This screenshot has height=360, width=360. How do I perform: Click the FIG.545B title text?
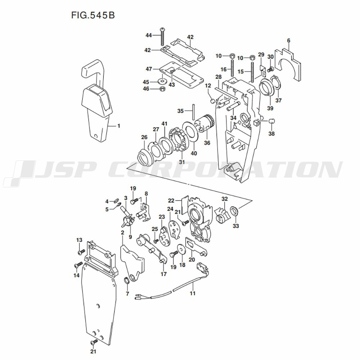pyautogui.click(x=93, y=15)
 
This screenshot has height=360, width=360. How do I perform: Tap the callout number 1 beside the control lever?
pyautogui.click(x=119, y=126)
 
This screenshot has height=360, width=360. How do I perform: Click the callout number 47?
pyautogui.click(x=149, y=69)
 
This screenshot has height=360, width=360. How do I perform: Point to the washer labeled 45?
pyautogui.click(x=162, y=81)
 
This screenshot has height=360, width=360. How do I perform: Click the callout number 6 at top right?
pyautogui.click(x=289, y=40)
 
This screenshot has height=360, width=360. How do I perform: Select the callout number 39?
pyautogui.click(x=270, y=108)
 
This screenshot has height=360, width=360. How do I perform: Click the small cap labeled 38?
pyautogui.click(x=271, y=121)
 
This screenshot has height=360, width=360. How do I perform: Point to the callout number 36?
pyautogui.click(x=207, y=143)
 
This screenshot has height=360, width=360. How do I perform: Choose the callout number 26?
pyautogui.click(x=144, y=137)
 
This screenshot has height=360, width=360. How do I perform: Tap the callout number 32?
pyautogui.click(x=225, y=199)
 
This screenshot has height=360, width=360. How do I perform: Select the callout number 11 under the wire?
pyautogui.click(x=192, y=293)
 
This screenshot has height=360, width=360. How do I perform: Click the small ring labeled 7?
pyautogui.click(x=126, y=280)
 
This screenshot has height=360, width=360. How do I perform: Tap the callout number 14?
pyautogui.click(x=76, y=275)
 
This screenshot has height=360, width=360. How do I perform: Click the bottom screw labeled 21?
pyautogui.click(x=94, y=342)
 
